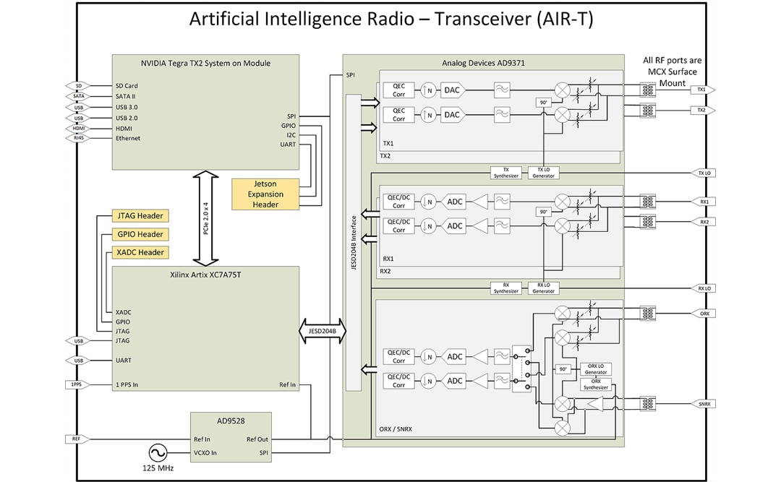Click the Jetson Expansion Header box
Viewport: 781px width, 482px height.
(265, 194)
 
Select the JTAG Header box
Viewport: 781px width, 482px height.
(140, 216)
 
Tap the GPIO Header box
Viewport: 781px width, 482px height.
(140, 234)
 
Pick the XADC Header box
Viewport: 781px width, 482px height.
(140, 252)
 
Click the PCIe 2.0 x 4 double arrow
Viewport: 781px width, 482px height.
(205, 218)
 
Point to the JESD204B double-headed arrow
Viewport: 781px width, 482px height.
(322, 332)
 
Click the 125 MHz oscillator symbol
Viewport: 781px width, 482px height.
(157, 454)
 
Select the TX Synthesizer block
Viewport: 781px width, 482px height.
(506, 173)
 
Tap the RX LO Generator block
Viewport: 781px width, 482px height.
(544, 288)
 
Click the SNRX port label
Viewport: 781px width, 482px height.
(704, 403)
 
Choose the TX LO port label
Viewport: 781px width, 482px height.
(704, 173)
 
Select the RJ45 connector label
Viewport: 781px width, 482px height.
(79, 138)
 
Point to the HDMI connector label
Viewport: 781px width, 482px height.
(79, 128)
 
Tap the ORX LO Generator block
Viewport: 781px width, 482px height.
(596, 369)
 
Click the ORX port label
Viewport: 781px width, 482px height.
(704, 314)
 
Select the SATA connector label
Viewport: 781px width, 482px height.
(79, 96)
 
